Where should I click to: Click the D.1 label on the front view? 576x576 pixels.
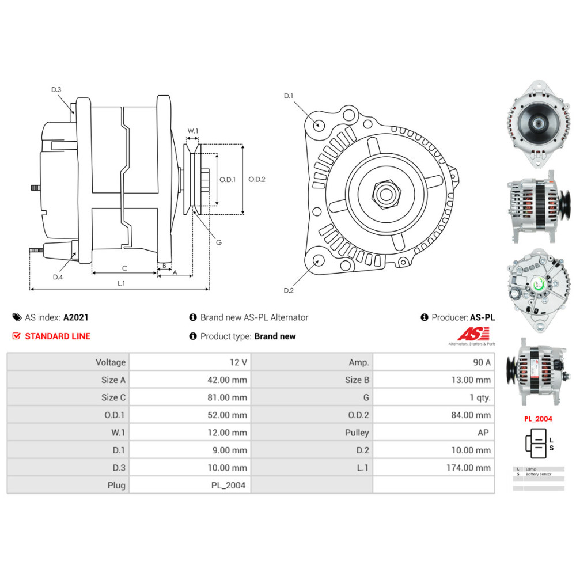[x=289, y=96]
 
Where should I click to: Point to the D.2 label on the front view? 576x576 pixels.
[x=289, y=290]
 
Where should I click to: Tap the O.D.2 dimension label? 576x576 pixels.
[x=256, y=179]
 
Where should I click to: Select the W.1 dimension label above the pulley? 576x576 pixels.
[x=193, y=131]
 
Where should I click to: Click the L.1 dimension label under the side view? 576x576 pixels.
[x=122, y=283]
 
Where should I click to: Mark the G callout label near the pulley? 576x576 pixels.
[x=219, y=242]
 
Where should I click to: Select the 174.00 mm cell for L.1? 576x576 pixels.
[x=468, y=468]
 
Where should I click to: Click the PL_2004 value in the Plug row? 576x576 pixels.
[x=228, y=485]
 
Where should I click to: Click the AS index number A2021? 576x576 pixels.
[x=76, y=317]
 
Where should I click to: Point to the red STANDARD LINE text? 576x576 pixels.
[x=58, y=336]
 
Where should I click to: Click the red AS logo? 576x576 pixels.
[x=472, y=334]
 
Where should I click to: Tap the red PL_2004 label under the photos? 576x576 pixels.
[x=538, y=419]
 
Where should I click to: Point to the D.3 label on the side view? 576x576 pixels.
[x=56, y=90]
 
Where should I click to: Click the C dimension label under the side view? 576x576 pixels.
[x=124, y=268]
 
